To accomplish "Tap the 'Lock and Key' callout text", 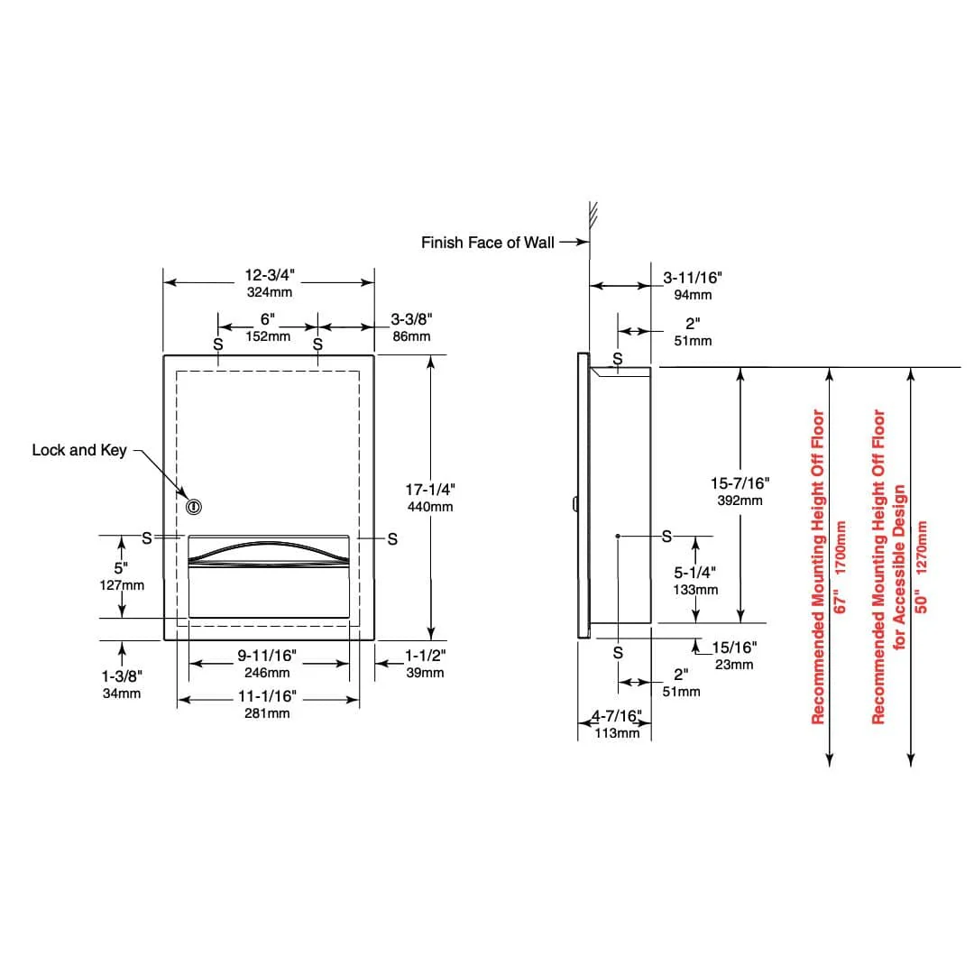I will click(79, 449).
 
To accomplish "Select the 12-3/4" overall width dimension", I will click(268, 274).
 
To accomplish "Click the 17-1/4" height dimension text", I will click(429, 489).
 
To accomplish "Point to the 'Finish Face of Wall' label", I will click(488, 243).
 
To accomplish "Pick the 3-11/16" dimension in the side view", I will click(693, 278).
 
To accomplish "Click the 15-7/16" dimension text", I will click(740, 484).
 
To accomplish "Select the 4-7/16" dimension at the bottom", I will click(617, 717).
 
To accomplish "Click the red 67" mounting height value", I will click(841, 603).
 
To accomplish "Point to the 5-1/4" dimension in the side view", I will click(695, 572).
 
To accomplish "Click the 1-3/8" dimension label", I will click(123, 676).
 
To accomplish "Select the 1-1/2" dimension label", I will click(424, 656).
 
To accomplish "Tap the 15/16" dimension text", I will click(734, 648).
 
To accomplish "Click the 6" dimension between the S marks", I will click(267, 319).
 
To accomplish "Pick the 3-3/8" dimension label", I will click(411, 318).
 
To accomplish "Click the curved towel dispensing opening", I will click(268, 551).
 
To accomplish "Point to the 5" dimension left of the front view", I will click(121, 568).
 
